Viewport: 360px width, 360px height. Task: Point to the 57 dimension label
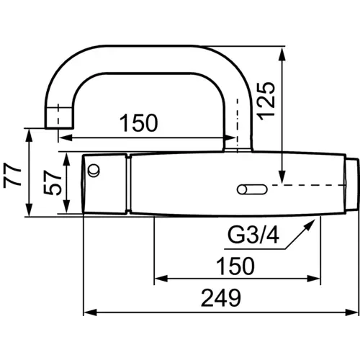[x=50, y=184]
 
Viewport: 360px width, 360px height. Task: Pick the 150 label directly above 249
[x=233, y=266]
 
